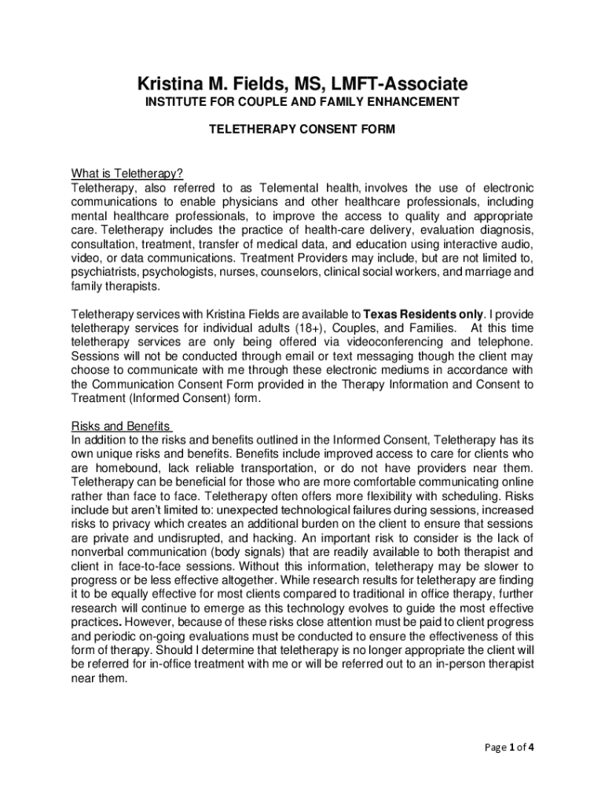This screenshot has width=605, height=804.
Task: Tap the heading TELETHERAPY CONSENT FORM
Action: (x=302, y=130)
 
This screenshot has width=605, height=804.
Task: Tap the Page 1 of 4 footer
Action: (x=508, y=747)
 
